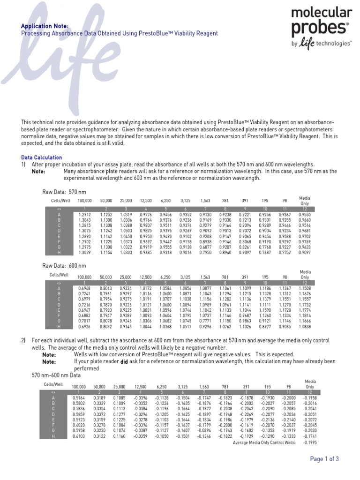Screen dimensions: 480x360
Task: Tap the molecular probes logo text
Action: [321, 21]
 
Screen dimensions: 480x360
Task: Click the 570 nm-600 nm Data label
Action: [56, 376]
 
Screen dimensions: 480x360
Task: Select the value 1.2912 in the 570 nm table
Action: [82, 214]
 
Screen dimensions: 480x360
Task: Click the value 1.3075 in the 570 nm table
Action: [82, 231]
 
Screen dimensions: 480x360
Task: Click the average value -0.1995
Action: [310, 442]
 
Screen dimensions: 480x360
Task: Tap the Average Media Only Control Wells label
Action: [265, 442]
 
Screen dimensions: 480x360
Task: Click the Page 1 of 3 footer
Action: [324, 459]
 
